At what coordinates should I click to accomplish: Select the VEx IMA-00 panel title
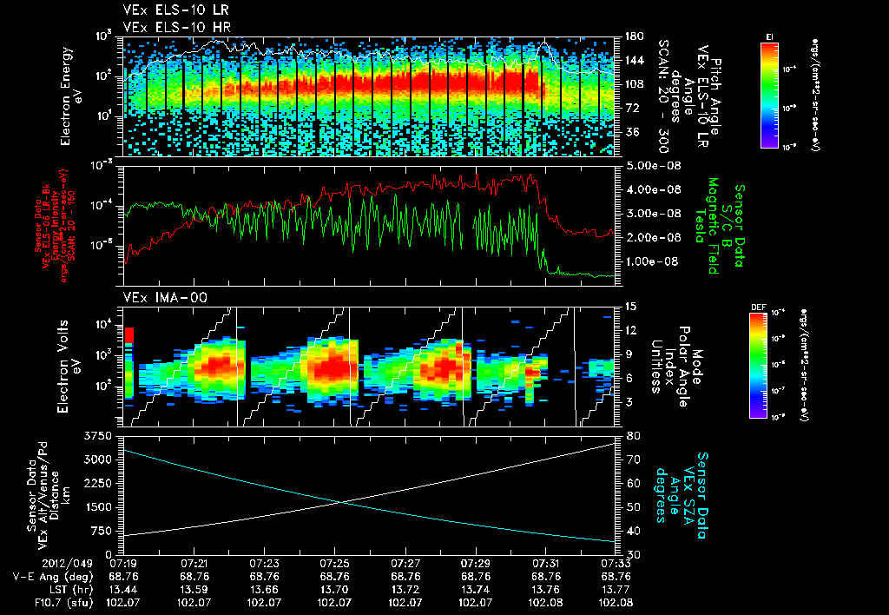point(159,298)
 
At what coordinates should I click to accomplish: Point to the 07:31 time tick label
point(544,563)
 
